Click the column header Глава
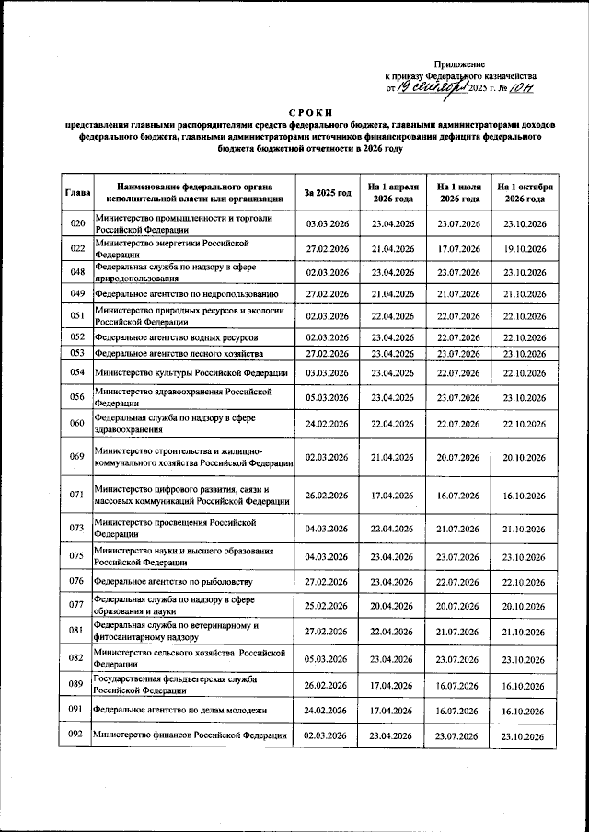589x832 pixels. coord(77,194)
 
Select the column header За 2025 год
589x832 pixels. coord(327,193)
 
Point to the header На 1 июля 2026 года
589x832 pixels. coord(459,193)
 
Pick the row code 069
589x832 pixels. coord(77,456)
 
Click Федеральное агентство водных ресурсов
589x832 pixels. coord(176,337)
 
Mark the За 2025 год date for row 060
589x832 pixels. coord(327,424)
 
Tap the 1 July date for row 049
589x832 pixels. coord(459,294)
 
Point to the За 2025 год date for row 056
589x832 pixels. coord(327,397)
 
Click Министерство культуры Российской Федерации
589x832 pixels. coord(191,372)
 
